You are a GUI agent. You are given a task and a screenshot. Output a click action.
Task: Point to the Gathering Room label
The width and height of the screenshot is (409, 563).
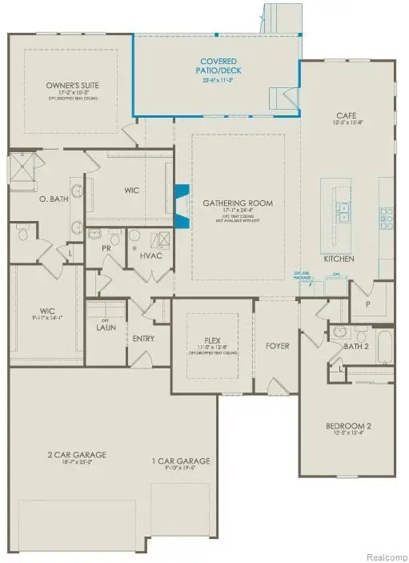pos(237,203)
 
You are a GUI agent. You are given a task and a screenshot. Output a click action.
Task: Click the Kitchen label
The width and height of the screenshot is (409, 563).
pos(339,260)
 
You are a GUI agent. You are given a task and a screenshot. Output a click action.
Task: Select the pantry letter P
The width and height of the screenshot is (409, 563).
pos(368,305)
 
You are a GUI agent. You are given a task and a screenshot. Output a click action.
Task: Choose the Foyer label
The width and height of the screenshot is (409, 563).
pos(277,346)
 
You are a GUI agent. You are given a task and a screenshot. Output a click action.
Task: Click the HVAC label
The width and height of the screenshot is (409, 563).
pos(150,255)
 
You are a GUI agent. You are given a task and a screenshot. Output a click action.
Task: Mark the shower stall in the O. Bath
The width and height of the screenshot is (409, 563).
pos(20,168)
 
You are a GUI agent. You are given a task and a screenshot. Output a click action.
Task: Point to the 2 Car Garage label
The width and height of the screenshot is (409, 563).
pos(76,455)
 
